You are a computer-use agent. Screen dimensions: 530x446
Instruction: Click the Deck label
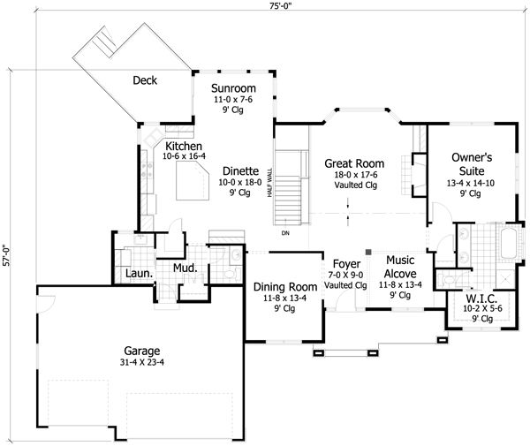pos(145,80)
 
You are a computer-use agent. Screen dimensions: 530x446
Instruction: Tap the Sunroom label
pos(233,88)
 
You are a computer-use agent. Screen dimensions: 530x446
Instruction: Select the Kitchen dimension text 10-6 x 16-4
pos(184,156)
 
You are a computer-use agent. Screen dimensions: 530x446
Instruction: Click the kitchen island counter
pos(193,180)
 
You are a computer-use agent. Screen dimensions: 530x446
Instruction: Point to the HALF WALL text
pos(269,183)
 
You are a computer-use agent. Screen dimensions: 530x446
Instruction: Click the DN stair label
pos(285,233)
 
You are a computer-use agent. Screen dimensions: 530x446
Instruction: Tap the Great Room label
pos(354,163)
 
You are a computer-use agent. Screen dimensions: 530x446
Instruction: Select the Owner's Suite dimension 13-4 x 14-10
pos(471,183)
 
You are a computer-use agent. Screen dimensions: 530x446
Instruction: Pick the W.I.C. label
pos(481,299)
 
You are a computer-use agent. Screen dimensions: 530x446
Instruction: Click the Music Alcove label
pos(400,267)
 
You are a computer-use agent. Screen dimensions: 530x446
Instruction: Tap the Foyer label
pos(346,264)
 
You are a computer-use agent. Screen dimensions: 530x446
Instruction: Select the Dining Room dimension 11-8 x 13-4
pos(284,298)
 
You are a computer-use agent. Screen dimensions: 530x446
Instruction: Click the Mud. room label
pos(185,268)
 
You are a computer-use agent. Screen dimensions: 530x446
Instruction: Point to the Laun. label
pos(140,274)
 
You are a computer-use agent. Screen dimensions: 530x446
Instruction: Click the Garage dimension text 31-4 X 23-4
pos(142,362)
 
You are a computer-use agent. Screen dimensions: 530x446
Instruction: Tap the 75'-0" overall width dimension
pos(280,7)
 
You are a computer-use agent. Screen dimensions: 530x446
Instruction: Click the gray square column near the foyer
pos(368,252)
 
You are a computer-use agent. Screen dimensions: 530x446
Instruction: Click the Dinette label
pos(240,171)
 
